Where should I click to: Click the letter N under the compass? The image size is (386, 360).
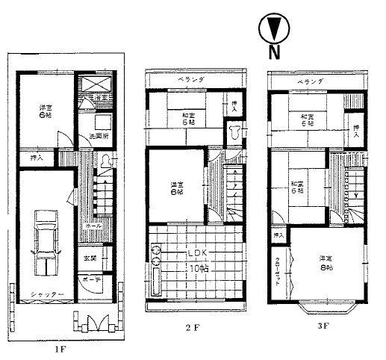(274, 52)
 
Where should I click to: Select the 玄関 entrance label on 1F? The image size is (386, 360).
(90, 258)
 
